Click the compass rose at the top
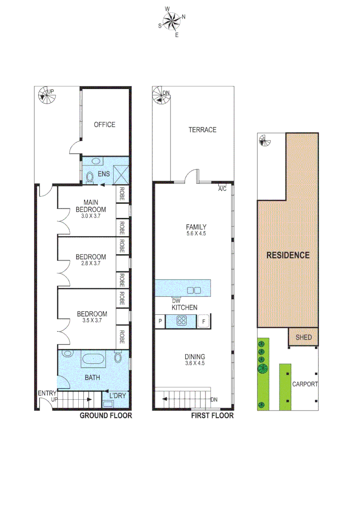172,21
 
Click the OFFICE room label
104,124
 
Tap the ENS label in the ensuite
104,174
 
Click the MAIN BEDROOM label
91,206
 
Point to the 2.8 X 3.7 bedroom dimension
91,264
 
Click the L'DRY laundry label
117,395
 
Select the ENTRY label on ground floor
47,394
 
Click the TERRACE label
202,130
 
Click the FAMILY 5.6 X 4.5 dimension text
196,233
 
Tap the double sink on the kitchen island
194,289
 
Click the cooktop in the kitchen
182,321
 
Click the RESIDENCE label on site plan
288,255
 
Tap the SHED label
303,337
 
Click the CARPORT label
304,384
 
